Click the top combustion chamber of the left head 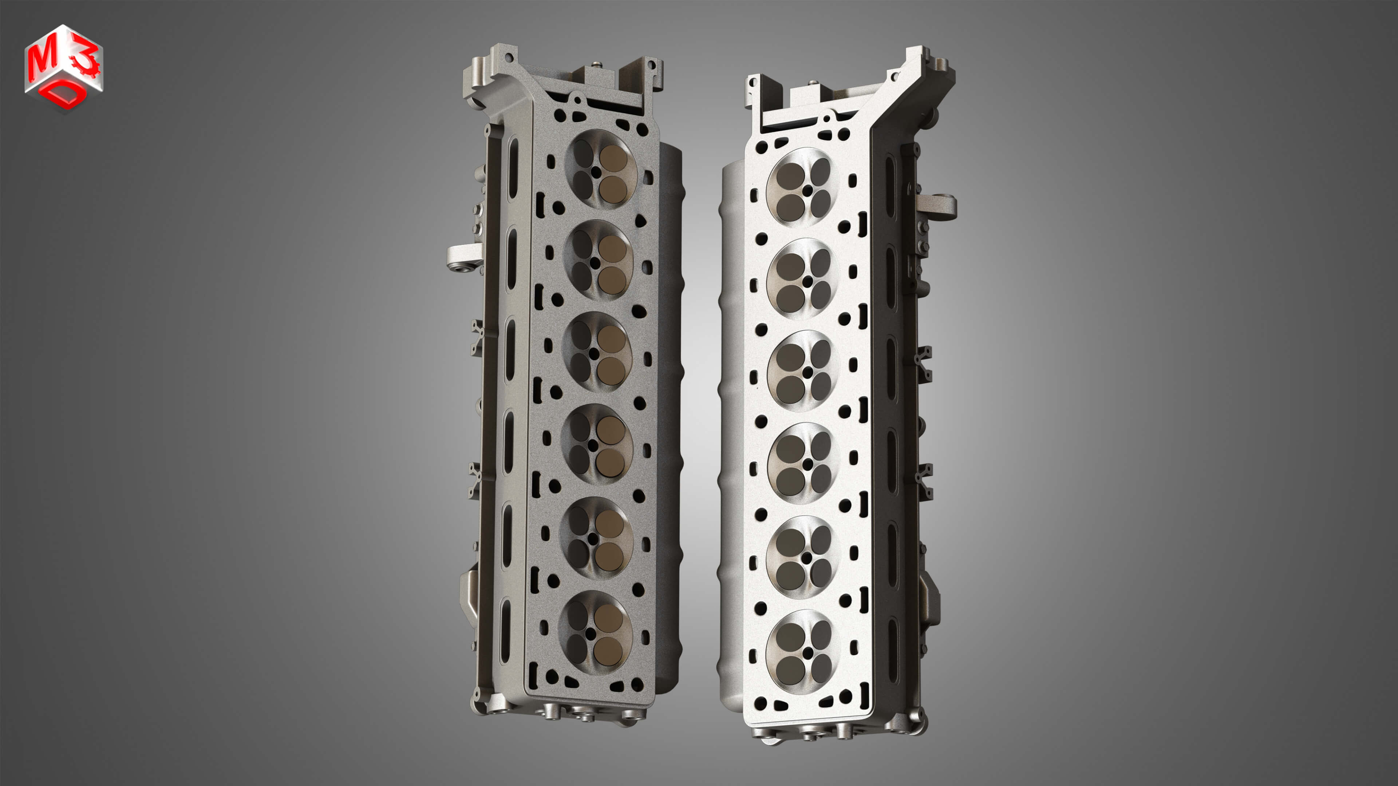click(600, 168)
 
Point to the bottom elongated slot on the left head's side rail click(505, 629)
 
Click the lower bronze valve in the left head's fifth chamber click(609, 556)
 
